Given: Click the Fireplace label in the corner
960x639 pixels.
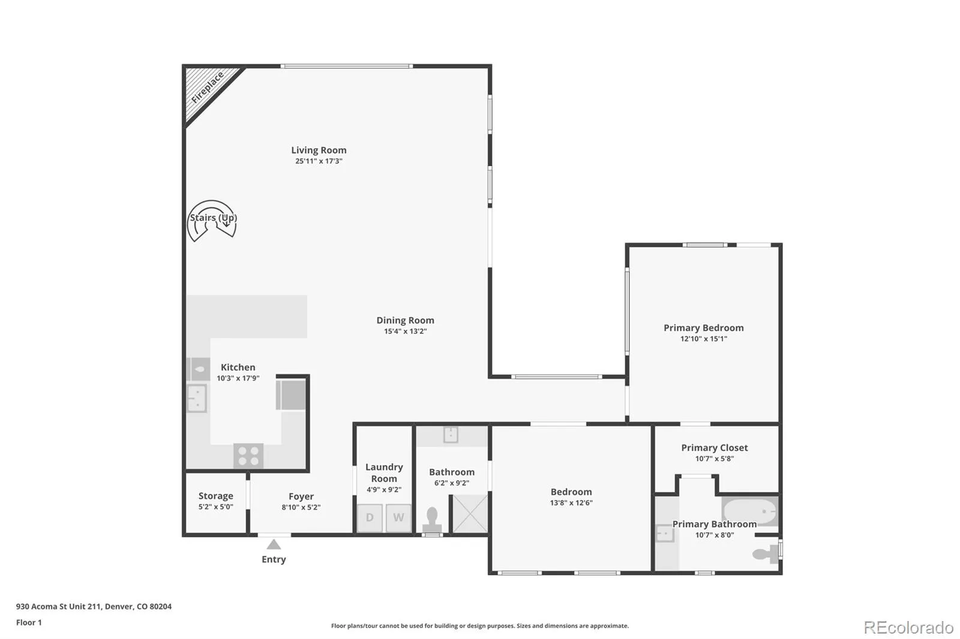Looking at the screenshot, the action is click(208, 88).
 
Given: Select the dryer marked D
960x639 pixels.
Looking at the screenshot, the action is click(370, 518).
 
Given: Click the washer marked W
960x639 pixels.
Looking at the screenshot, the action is click(398, 518).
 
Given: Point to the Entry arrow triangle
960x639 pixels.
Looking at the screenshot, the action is click(274, 545).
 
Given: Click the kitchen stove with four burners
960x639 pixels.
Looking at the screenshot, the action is click(248, 456).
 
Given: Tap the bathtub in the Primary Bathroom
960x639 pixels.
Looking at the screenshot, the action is click(750, 511).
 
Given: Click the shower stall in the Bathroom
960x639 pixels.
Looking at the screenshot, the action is click(470, 514).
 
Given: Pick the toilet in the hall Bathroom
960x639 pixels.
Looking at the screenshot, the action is click(432, 520).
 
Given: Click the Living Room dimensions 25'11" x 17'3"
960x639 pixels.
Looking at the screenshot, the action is click(319, 161).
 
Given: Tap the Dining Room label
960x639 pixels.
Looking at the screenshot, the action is click(406, 320).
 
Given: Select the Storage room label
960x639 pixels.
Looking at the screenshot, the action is click(215, 496).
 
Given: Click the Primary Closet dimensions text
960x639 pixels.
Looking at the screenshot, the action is click(715, 459).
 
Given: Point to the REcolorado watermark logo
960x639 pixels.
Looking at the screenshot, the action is click(908, 628).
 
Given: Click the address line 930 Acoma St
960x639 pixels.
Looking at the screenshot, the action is click(94, 607).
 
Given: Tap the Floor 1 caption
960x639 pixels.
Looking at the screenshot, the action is click(29, 623).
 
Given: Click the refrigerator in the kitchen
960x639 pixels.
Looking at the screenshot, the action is click(292, 395).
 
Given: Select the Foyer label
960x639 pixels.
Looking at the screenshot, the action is click(301, 496).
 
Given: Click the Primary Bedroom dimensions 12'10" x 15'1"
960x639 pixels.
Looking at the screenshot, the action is click(704, 339).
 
